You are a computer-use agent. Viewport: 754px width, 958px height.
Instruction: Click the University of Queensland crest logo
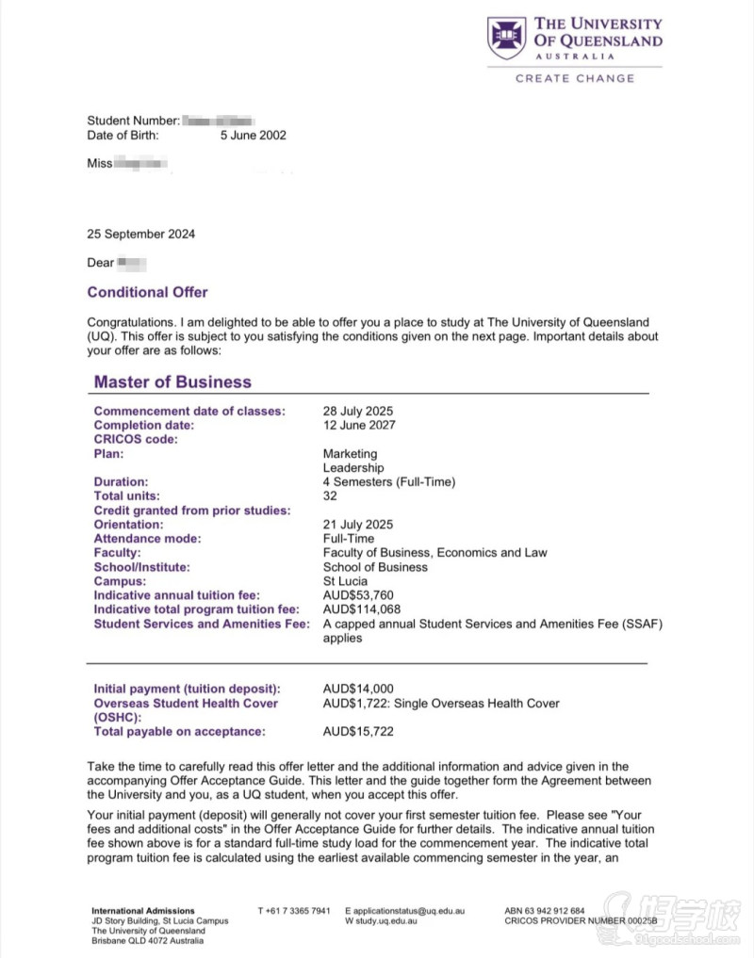coord(506,38)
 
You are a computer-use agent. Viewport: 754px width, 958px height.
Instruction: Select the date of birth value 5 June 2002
coord(254,135)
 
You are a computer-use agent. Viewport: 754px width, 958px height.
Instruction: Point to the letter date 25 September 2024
coord(140,234)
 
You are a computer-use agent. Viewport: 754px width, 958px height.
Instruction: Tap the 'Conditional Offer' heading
coord(147,292)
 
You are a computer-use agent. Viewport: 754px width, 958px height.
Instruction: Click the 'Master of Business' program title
coord(172,382)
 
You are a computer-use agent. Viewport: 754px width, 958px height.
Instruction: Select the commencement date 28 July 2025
coord(357,411)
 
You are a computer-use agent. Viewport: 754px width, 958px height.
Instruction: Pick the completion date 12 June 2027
coord(359,425)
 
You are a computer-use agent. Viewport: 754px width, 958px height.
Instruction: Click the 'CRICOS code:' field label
coord(136,439)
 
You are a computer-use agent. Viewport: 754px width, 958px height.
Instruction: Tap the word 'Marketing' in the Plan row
coord(350,453)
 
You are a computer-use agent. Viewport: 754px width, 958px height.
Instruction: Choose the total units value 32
coord(330,495)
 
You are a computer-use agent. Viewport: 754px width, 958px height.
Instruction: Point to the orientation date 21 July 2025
coord(357,524)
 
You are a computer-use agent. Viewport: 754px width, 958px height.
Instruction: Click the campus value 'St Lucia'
coord(343,581)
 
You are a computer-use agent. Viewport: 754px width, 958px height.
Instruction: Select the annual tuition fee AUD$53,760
coord(356,595)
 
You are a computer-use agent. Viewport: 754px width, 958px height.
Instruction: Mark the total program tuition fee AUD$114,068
coord(361,609)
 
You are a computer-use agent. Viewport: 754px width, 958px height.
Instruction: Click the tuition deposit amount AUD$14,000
coord(358,689)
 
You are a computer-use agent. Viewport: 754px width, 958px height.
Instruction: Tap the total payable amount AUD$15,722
coord(358,731)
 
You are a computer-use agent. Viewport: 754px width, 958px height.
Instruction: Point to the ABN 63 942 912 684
coord(544,911)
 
